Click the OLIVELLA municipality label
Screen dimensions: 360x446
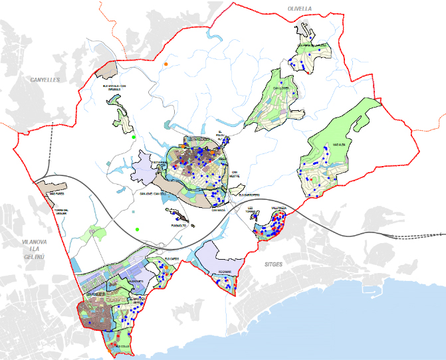(300, 9)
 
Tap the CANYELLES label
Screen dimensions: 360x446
(45, 80)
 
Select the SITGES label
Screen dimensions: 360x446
(274, 264)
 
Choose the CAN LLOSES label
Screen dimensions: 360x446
(280, 87)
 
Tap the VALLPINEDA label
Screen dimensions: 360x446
(279, 208)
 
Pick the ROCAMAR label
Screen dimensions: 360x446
(225, 272)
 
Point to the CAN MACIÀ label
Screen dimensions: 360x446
(219, 210)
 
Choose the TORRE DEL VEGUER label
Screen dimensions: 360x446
(62, 211)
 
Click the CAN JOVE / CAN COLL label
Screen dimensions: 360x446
(151, 194)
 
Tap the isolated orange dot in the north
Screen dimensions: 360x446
(166, 64)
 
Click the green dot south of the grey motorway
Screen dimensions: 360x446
(137, 229)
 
